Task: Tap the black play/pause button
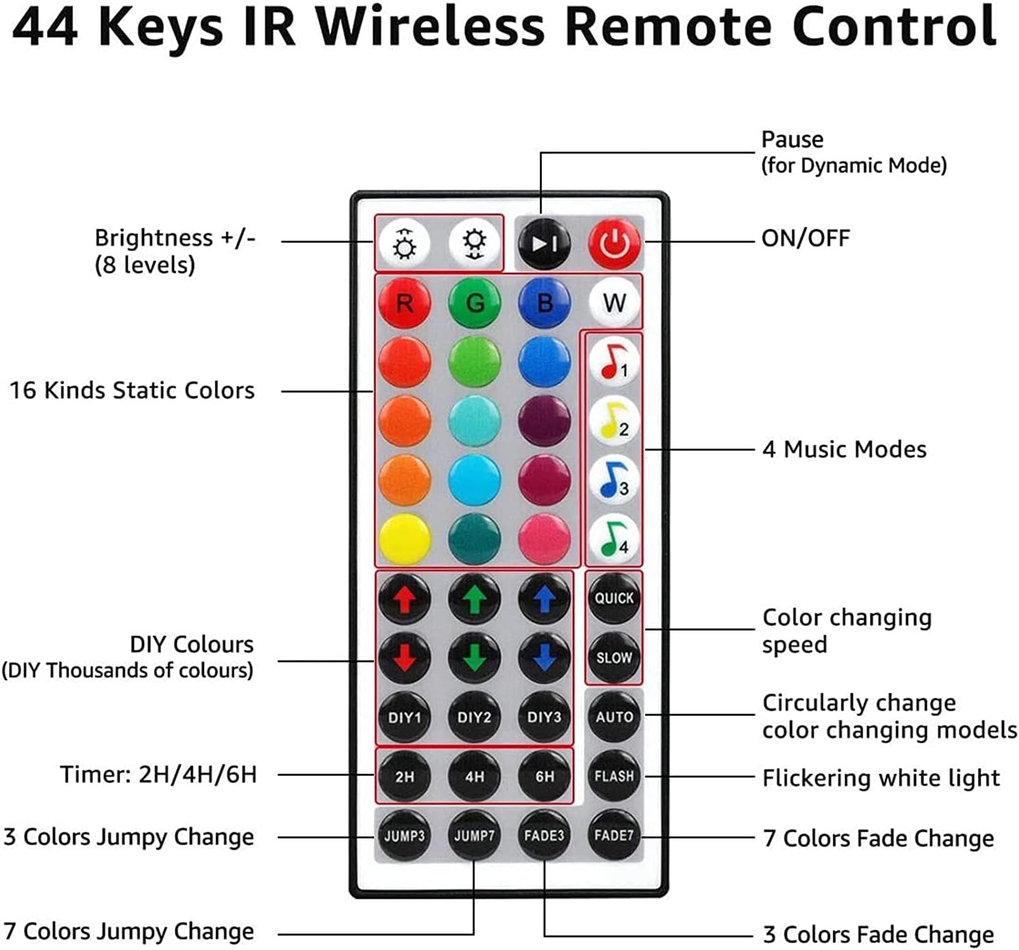[x=544, y=243]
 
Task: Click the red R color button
[x=405, y=302]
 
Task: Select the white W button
[x=614, y=302]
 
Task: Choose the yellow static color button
[x=405, y=538]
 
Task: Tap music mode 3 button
[x=614, y=479]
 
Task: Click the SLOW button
[x=614, y=657]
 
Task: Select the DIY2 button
[x=474, y=717]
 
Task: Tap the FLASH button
[x=614, y=776]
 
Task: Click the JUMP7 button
[x=474, y=835]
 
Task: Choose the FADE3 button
[x=544, y=835]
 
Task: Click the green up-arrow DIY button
[x=474, y=598]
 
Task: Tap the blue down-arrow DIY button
[x=544, y=657]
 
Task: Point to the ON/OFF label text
[x=806, y=238]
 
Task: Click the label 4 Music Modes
[x=844, y=449]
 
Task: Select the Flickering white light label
[x=881, y=778]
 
